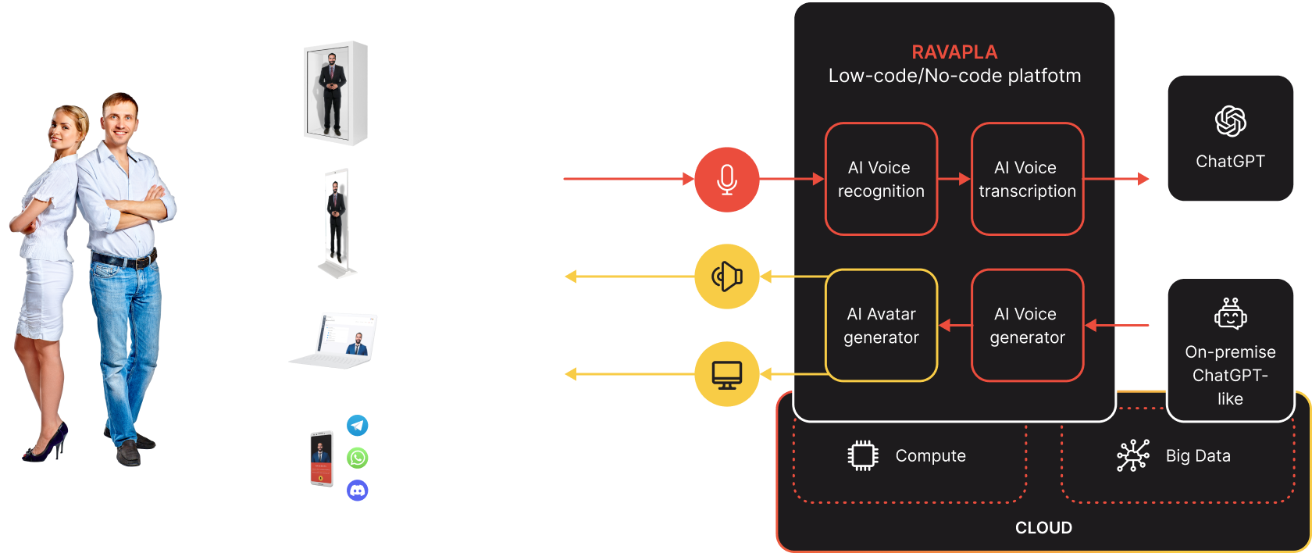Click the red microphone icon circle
(726, 179)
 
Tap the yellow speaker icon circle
(726, 276)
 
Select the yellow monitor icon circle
(726, 374)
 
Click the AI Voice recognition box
(881, 179)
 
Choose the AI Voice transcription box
(1027, 179)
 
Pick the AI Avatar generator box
(881, 325)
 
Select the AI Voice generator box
(1027, 325)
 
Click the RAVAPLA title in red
(954, 52)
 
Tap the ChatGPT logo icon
(1230, 121)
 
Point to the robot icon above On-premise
(1230, 314)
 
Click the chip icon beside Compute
(863, 455)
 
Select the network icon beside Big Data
(1132, 455)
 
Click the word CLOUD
(1043, 528)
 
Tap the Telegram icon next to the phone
(358, 426)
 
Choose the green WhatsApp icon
(358, 458)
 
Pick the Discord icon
(358, 491)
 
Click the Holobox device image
(335, 93)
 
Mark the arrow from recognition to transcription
(954, 179)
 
